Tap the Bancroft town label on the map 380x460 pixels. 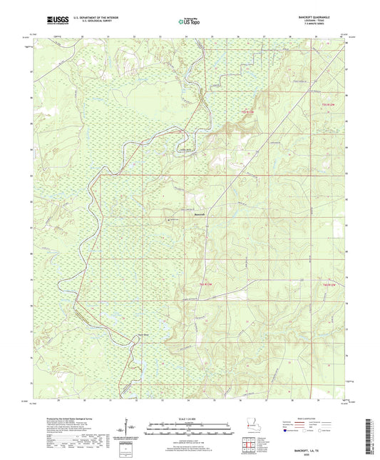pos(200,214)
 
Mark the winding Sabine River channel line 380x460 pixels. pos(86,264)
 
